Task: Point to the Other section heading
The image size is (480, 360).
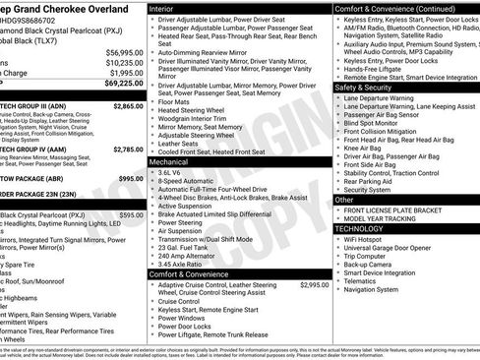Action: [x=344, y=200]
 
